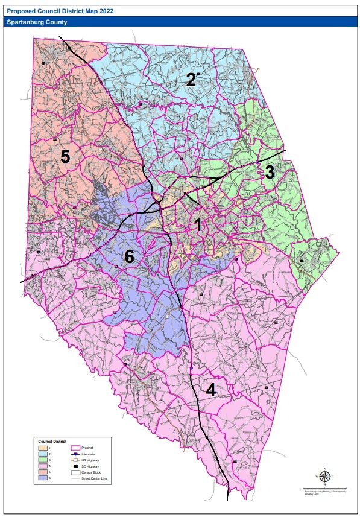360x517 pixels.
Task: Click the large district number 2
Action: (191, 80)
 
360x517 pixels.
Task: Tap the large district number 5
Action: (65, 156)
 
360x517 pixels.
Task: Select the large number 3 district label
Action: (270, 172)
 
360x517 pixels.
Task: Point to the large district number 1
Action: (197, 225)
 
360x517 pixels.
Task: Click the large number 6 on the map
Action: (128, 257)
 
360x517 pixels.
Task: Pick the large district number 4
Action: (210, 390)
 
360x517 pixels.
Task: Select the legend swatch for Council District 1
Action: (43, 448)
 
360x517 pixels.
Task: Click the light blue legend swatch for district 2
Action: (43, 454)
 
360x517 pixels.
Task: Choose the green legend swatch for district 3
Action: (43, 460)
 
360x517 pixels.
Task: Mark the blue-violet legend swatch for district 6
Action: (43, 478)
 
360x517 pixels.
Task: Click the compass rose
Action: (324, 477)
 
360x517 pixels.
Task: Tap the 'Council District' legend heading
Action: (51, 441)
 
